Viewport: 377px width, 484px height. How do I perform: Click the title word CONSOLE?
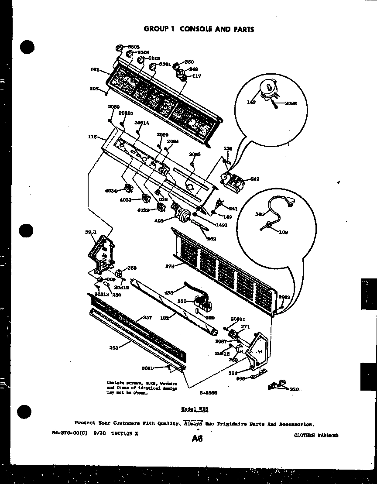point(196,29)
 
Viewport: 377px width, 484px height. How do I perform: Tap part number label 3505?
point(134,46)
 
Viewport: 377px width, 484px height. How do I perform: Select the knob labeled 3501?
point(153,67)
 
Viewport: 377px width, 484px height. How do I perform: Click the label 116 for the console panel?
point(92,137)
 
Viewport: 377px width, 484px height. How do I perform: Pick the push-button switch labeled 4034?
point(128,188)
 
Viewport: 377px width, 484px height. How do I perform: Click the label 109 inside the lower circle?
point(284,232)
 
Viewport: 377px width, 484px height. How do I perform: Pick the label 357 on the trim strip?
point(147,317)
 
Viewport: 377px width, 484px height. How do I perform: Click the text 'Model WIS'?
point(195,409)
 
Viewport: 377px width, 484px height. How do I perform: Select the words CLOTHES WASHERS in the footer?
point(316,435)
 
